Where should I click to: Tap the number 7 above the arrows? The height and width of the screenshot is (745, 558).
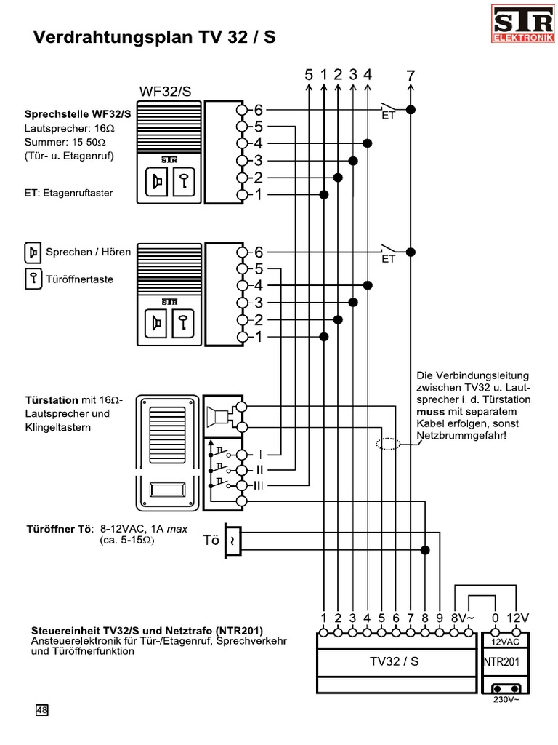coord(411,75)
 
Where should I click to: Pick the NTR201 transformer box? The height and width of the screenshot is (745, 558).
coord(501,661)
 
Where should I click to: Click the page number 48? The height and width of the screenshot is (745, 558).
coord(42,710)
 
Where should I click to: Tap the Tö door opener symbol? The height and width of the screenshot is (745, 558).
coord(232,541)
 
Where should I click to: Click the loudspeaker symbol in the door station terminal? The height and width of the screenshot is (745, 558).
coord(217,416)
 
